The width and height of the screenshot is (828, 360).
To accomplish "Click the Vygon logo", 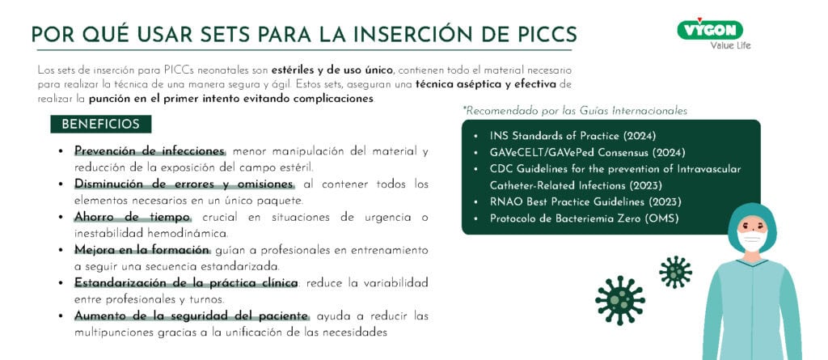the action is point(710,29).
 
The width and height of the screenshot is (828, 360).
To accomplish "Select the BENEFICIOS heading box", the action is point(101,125).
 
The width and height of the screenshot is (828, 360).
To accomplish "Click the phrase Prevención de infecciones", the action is point(150,151).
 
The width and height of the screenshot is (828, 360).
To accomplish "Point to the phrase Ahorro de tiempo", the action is point(133,218).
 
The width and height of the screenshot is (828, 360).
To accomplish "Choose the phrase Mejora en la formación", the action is point(142,250).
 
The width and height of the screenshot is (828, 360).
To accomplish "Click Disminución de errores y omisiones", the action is point(184,184).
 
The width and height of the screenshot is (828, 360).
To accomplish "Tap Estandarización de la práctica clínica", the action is point(186,283).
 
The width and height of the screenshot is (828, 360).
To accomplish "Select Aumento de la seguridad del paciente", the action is point(191,316).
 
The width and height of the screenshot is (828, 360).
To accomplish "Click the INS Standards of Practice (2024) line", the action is point(573,136).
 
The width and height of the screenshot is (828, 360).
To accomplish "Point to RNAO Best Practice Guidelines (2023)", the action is point(585,202).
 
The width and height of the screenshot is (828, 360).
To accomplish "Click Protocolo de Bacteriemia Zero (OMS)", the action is point(584,218).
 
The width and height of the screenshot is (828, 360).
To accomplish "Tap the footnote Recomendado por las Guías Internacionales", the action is point(575,111).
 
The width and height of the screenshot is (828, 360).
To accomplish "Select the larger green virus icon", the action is point(620,300).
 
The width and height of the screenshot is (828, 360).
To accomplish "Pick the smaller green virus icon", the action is point(675,272).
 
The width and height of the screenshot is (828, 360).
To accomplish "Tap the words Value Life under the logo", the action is point(730,45).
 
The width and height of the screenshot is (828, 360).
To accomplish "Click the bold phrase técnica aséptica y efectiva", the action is point(486,84).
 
